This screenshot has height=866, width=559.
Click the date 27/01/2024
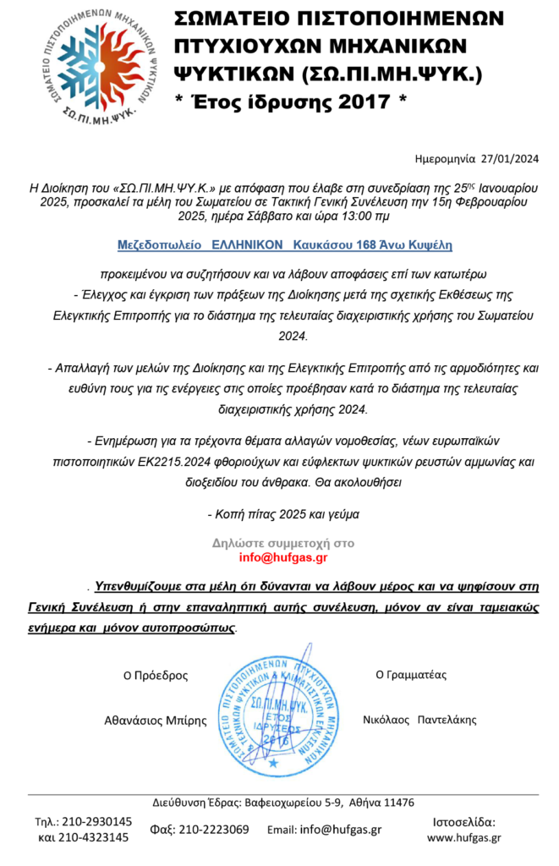pos(508,158)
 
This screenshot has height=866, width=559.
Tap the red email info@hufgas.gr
pos(282,557)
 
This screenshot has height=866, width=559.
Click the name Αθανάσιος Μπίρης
pos(155,721)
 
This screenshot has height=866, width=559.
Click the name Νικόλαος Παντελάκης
pos(419,720)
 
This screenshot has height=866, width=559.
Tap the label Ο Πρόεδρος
pos(156,676)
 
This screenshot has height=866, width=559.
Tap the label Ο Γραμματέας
pos(411,675)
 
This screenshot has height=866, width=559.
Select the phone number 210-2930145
pos(96,821)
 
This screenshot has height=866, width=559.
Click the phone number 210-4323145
pos(96,837)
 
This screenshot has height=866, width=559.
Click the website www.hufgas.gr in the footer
pos(463,837)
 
